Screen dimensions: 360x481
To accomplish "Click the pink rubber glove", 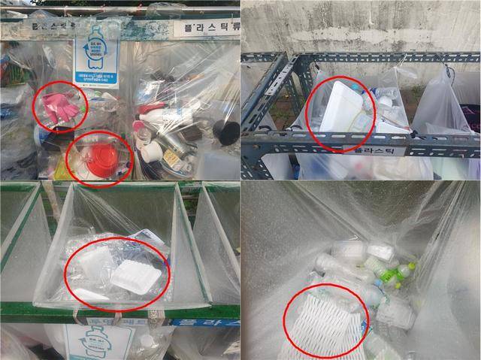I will (x=59, y=107).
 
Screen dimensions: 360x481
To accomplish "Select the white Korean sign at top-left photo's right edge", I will (x=206, y=28).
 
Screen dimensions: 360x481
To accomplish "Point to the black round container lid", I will (x=225, y=132).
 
